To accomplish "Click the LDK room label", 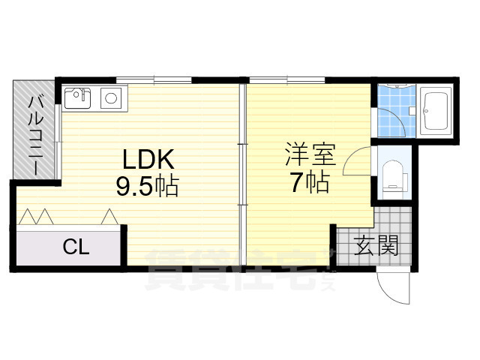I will [148, 160].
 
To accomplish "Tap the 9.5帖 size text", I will [147, 186].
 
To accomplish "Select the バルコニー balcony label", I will [34, 134].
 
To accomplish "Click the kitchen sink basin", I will [77, 98].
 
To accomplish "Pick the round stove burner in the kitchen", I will [109, 97].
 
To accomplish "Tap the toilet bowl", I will [393, 178].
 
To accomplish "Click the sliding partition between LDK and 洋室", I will [242, 172].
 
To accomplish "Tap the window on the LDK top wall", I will [154, 79].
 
